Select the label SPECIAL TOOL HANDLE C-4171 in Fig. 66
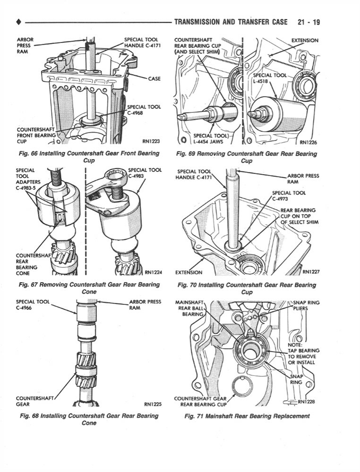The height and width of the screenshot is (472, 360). (141, 42)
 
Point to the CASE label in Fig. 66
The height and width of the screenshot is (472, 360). (154, 79)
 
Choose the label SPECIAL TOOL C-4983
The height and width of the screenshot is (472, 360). (145, 173)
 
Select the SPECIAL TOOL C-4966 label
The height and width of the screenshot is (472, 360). (32, 305)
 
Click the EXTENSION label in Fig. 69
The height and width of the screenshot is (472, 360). (305, 41)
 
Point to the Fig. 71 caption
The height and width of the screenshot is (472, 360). (247, 416)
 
